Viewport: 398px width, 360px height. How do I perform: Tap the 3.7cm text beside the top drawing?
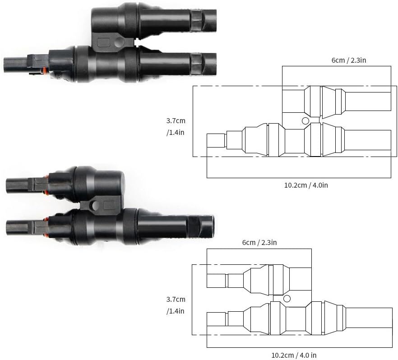tap(176, 121)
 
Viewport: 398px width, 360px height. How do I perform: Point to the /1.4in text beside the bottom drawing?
tap(176, 311)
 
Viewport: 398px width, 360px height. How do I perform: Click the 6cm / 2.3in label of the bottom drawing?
tap(259, 242)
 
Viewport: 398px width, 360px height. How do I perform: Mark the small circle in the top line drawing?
tap(305, 120)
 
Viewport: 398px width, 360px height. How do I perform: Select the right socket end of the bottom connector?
tap(205, 223)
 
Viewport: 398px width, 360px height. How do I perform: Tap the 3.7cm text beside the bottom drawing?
tap(176, 299)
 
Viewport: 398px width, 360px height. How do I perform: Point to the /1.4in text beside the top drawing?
tap(176, 133)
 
